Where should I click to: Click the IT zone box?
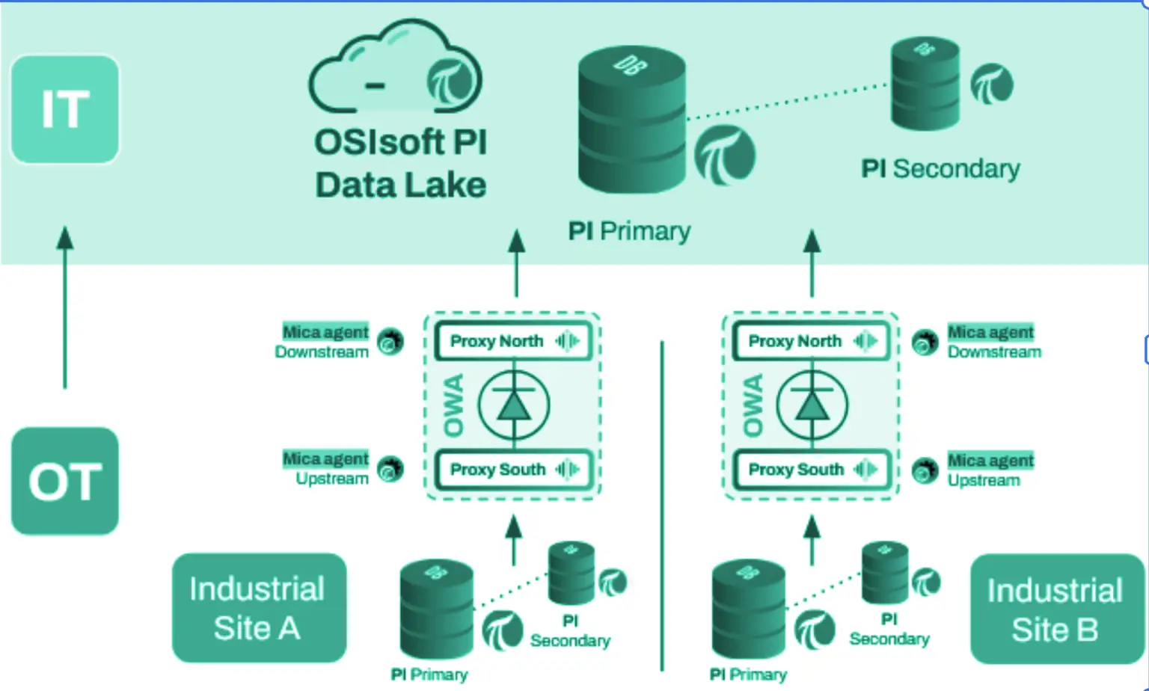[x=65, y=109]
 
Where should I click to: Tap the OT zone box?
[x=65, y=481]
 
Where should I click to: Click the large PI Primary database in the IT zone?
[x=631, y=120]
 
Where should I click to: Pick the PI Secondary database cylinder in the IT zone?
[x=925, y=84]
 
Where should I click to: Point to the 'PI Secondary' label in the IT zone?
[x=940, y=169]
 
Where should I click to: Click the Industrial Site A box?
[x=259, y=607]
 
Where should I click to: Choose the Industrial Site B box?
[x=1056, y=609]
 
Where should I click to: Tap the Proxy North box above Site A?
[x=513, y=341]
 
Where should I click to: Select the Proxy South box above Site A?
[x=513, y=470]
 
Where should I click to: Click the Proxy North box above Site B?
[x=811, y=341]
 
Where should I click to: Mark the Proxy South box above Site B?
[x=811, y=470]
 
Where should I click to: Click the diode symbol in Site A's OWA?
[x=514, y=405]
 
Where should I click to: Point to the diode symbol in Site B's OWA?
[x=812, y=405]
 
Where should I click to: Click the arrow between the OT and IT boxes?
[x=65, y=307]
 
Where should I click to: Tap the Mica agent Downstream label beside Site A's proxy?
[x=322, y=342]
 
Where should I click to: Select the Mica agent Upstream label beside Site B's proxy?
[x=990, y=470]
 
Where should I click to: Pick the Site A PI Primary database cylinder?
[x=436, y=609]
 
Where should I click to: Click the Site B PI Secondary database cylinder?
[x=885, y=573]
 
